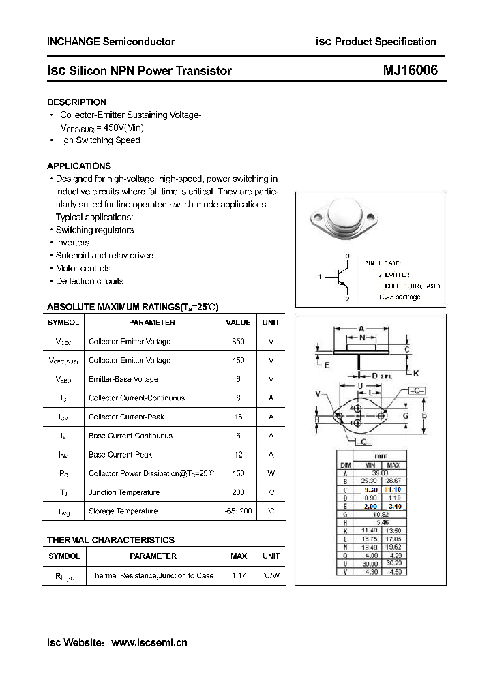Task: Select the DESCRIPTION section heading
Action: pyautogui.click(x=76, y=102)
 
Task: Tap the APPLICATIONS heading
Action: pyautogui.click(x=79, y=166)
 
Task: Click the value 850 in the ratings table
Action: pyautogui.click(x=238, y=342)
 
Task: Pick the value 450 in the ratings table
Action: pyautogui.click(x=238, y=360)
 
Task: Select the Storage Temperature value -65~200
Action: pyautogui.click(x=238, y=511)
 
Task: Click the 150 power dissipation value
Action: pyautogui.click(x=238, y=473)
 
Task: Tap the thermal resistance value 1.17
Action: pyautogui.click(x=239, y=576)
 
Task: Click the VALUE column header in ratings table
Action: pyautogui.click(x=238, y=322)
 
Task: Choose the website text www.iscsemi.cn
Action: pyautogui.click(x=149, y=642)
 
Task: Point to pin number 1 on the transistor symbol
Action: pyautogui.click(x=320, y=276)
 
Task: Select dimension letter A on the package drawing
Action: pyautogui.click(x=361, y=328)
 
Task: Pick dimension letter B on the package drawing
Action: pyautogui.click(x=424, y=415)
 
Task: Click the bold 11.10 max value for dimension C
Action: pyautogui.click(x=393, y=489)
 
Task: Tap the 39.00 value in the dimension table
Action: pyautogui.click(x=379, y=472)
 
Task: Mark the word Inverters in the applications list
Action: pyautogui.click(x=72, y=243)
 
